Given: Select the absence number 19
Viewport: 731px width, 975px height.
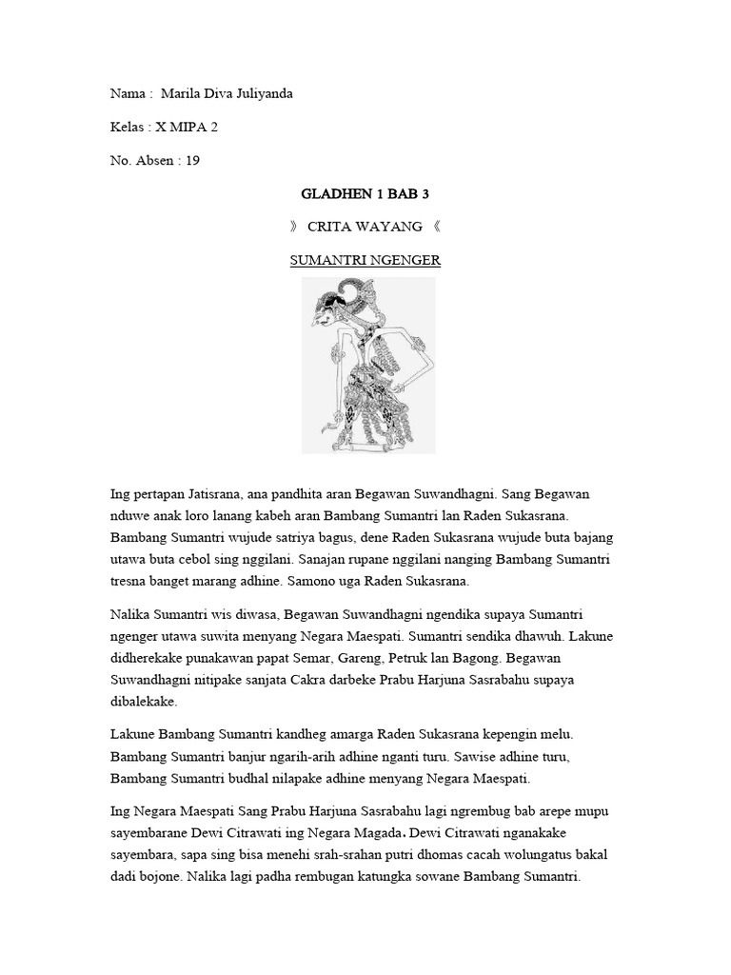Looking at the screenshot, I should (x=193, y=160).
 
